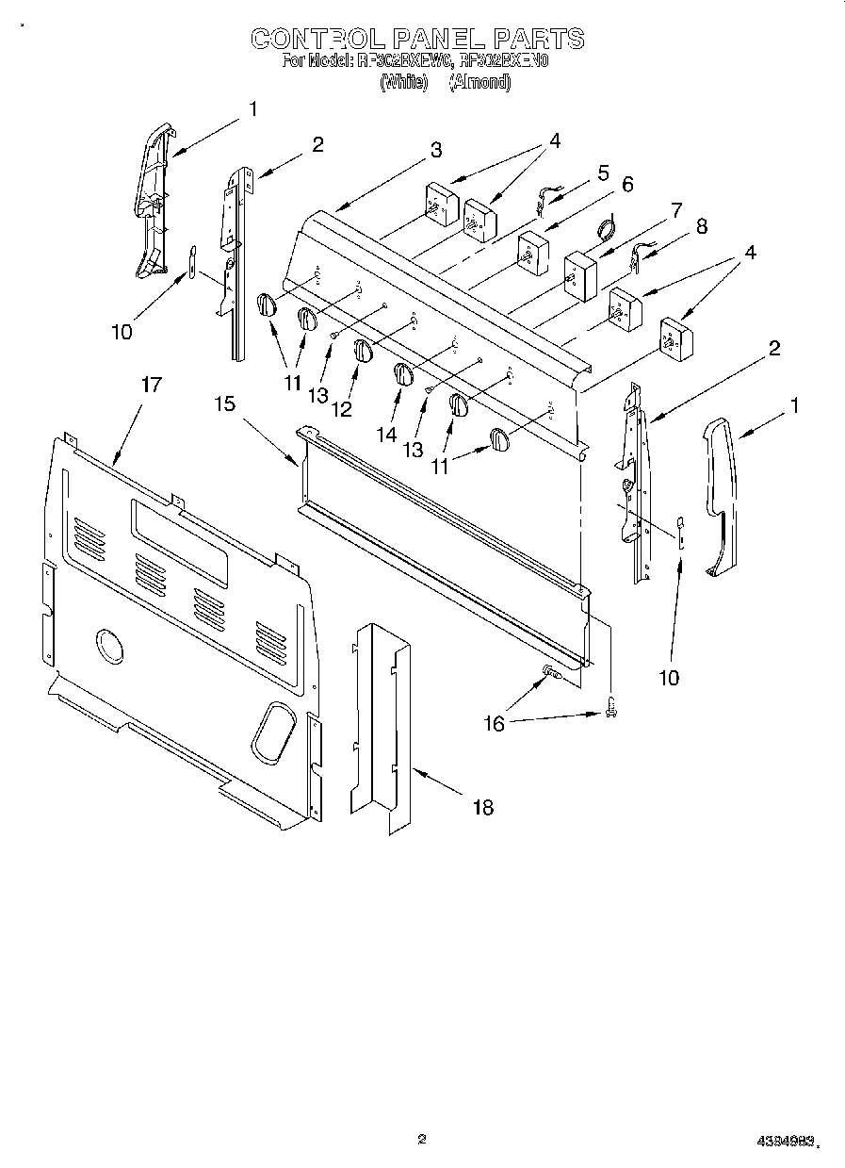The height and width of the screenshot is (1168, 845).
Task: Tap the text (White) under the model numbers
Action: [403, 83]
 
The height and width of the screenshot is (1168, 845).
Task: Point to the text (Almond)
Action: [479, 83]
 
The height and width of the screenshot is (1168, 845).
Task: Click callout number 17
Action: [151, 385]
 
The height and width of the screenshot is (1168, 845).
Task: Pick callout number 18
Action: [482, 807]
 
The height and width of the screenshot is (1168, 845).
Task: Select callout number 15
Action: [223, 403]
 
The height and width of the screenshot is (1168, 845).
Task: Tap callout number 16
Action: [493, 723]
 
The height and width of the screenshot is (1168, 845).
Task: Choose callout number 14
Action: [387, 434]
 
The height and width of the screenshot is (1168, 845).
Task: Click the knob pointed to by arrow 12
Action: [364, 351]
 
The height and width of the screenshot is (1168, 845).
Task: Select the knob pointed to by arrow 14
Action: [403, 373]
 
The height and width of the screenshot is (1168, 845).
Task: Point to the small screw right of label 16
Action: [610, 705]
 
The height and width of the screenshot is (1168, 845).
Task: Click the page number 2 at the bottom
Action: [422, 1139]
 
